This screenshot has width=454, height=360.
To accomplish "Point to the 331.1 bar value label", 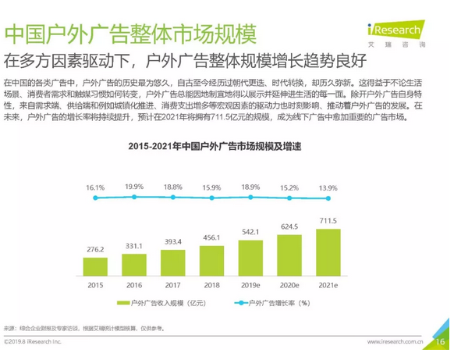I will tap(133, 245).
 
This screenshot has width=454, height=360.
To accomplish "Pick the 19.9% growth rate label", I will tap(133, 187).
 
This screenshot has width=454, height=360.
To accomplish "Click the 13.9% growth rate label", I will tap(328, 188).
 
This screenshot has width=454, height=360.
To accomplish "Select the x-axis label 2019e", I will tap(250, 286).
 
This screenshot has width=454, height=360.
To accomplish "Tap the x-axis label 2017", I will tap(172, 286).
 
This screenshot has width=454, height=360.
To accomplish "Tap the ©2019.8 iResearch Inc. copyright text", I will tap(38, 342).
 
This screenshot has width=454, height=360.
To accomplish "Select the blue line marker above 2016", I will tap(133, 197).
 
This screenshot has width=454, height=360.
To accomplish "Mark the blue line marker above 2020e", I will tap(289, 198).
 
